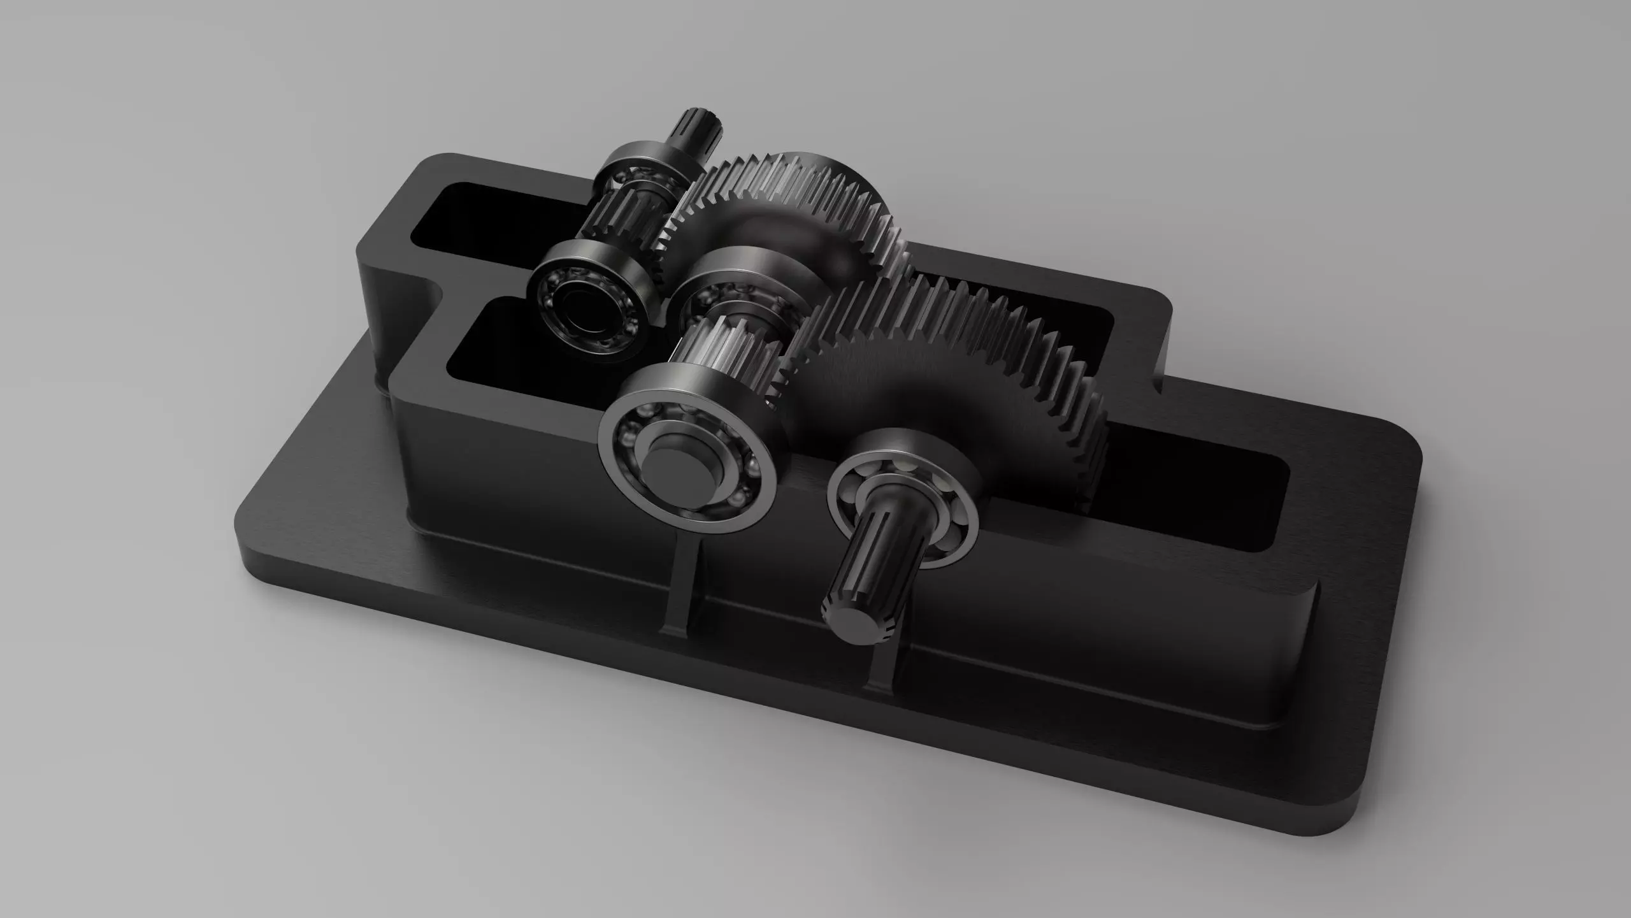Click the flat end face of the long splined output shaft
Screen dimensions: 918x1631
coord(852,623)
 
